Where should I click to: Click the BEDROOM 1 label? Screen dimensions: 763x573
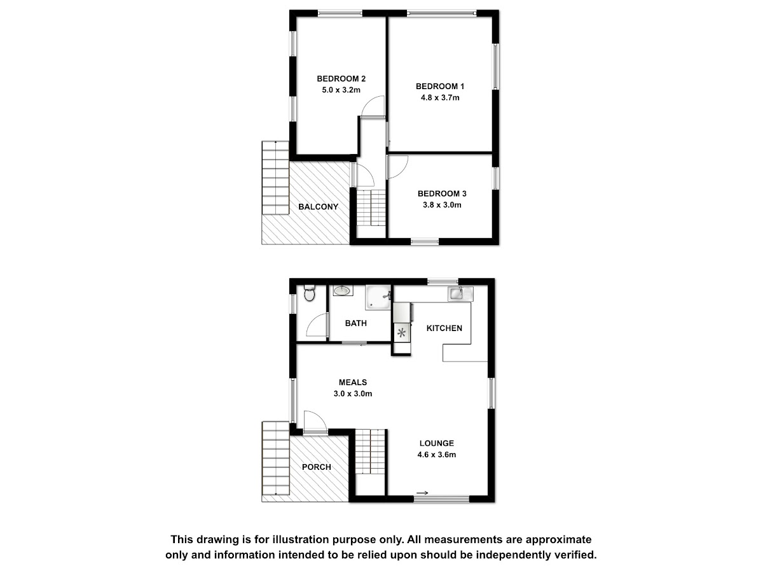(x=440, y=87)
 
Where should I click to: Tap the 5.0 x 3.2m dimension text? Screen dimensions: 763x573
(x=341, y=90)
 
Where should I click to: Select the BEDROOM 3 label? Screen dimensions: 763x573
(x=442, y=194)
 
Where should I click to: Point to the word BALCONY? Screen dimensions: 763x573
(x=318, y=207)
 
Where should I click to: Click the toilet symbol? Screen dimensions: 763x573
(x=309, y=293)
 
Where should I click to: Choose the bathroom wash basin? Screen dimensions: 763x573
(x=343, y=290)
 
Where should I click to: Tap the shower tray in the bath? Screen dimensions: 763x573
(x=378, y=297)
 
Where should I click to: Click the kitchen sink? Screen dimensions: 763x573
(x=460, y=294)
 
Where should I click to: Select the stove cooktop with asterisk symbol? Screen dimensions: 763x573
(x=402, y=333)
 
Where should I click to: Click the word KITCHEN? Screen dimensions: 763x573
(x=444, y=329)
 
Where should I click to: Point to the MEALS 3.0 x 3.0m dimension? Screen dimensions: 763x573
(x=353, y=394)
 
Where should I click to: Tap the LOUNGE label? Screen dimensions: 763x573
(x=437, y=443)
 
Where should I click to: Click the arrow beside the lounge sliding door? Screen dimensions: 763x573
(x=422, y=493)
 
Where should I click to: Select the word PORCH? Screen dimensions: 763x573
(x=316, y=467)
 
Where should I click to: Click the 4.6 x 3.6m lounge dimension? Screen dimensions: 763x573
(x=437, y=455)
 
